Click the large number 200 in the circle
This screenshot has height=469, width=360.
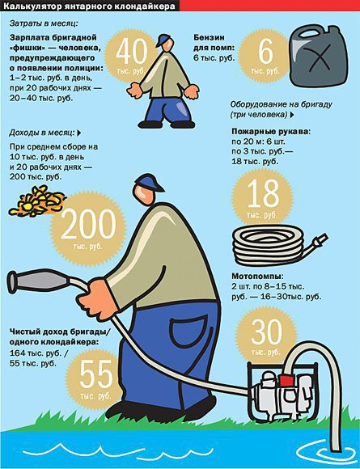coord(88,224)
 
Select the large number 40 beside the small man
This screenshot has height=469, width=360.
coord(132,53)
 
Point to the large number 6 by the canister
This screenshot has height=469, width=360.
coord(265,52)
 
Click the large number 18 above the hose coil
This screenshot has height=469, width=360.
coord(263,194)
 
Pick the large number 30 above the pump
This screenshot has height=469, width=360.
coord(266,332)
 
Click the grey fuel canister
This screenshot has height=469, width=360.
coord(319,56)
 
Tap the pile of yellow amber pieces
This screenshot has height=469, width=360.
coord(36,201)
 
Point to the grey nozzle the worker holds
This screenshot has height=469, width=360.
coord(39,281)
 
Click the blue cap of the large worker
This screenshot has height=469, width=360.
coord(148,182)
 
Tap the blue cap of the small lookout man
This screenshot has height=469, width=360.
coord(163,39)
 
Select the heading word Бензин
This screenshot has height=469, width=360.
coord(209,38)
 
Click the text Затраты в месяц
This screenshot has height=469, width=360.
coord(44,23)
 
